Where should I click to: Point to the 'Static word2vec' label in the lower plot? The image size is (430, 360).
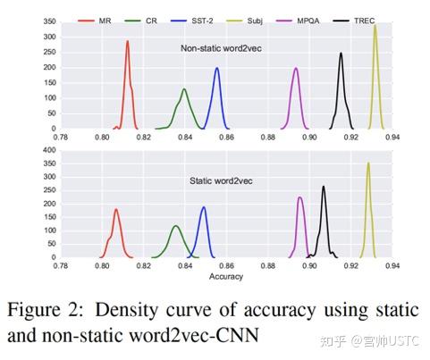click(221, 181)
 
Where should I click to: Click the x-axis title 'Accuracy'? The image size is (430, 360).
click(226, 278)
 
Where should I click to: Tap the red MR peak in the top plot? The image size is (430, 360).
click(127, 42)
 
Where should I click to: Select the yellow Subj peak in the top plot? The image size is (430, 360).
click(375, 26)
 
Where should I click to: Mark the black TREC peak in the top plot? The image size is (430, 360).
click(341, 54)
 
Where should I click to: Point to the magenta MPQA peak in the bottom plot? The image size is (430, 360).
click(300, 198)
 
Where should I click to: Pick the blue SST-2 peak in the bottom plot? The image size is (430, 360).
click(204, 208)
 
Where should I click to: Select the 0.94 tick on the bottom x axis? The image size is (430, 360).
click(391, 266)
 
